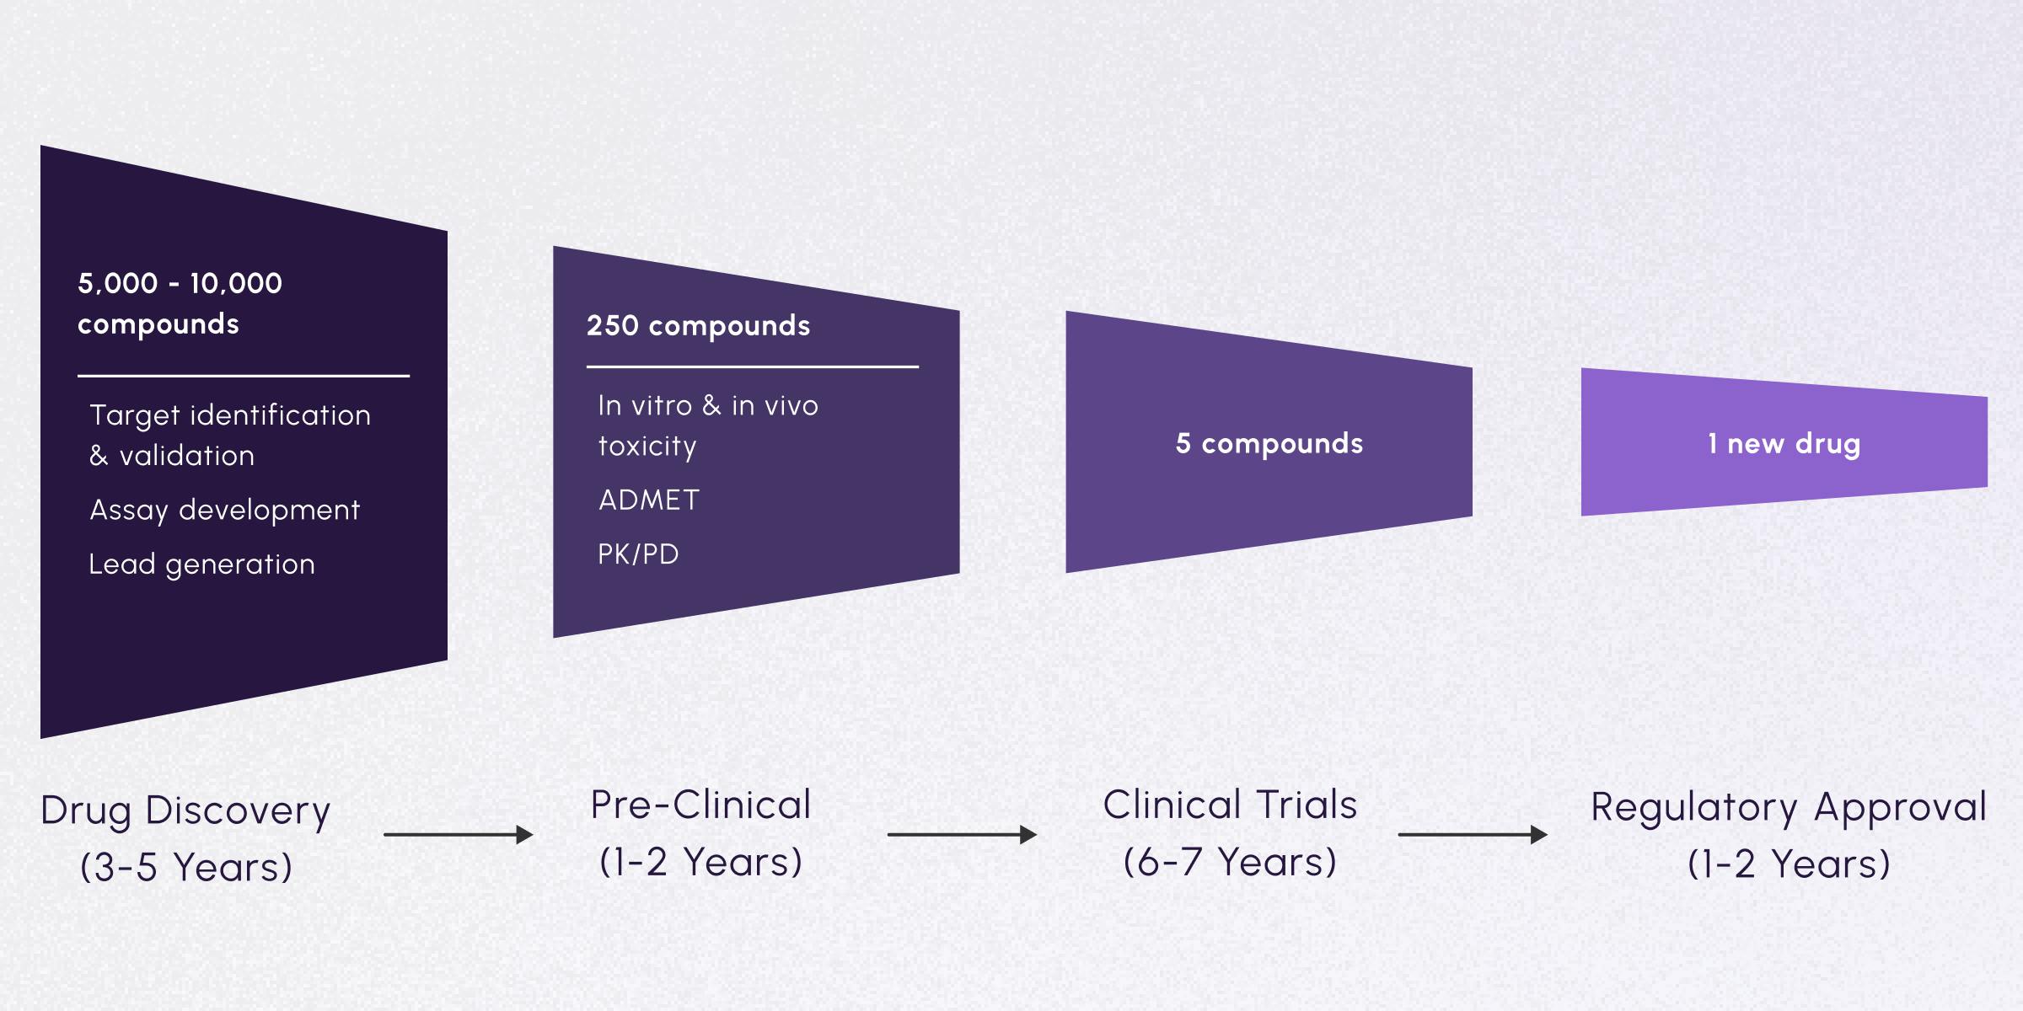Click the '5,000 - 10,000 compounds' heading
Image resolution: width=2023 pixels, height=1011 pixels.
180,303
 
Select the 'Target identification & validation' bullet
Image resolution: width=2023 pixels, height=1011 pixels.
229,435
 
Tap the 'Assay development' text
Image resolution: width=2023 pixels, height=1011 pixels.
224,510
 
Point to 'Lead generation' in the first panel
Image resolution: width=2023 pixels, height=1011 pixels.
201,564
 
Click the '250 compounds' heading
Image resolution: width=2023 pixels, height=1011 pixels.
698,326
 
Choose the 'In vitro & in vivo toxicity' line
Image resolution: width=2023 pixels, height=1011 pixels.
707,425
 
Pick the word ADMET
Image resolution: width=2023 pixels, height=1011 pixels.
648,500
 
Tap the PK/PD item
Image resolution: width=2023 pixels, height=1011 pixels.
638,554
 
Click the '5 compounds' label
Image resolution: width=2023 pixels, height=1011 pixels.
1269,443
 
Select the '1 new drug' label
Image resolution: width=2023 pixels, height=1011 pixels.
1784,443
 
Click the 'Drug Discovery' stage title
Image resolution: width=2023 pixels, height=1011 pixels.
185,810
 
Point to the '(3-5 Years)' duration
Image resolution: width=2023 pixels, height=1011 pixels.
185,867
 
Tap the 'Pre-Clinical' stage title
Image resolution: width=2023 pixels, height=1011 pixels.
700,805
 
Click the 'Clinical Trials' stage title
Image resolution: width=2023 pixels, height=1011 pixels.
1230,805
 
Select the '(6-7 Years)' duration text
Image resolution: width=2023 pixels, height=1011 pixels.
1230,862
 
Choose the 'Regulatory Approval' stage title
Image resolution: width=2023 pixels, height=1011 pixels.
1789,807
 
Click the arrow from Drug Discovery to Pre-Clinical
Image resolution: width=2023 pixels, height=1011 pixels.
458,835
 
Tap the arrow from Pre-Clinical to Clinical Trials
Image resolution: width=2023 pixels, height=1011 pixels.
962,835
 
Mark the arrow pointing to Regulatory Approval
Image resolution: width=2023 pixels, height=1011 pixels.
1473,835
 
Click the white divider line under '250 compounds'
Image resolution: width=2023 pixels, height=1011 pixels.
752,366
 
